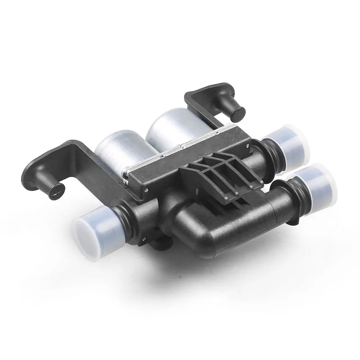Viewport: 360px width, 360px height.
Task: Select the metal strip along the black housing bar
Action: point(180,151)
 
